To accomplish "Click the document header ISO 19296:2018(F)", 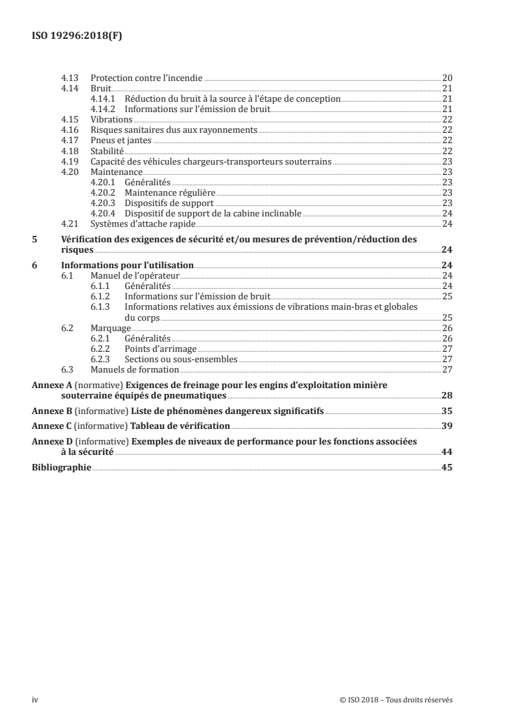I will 77,36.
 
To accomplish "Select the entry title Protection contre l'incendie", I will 146,78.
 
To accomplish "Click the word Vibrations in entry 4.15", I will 111,120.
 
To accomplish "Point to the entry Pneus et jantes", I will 117,140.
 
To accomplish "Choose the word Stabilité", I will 107,150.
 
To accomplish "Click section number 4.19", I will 69,161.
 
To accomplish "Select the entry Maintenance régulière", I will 169,192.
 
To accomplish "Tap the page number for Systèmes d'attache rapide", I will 447,224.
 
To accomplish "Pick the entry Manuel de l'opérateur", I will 135,275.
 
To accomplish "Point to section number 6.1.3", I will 101,306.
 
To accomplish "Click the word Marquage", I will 111,328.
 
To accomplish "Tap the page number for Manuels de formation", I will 447,369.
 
